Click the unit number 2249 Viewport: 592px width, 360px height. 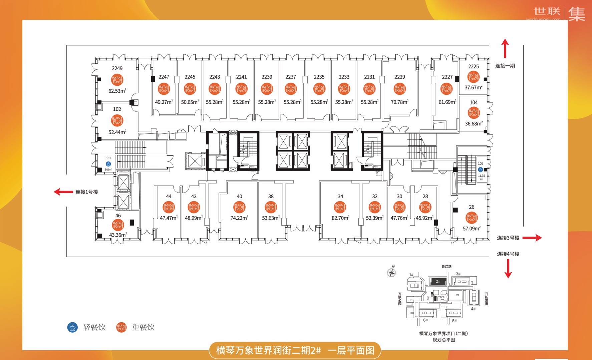pyautogui.click(x=117, y=68)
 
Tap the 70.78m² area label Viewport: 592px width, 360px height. pyautogui.click(x=399, y=102)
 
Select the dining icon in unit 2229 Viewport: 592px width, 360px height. pyautogui.click(x=399, y=89)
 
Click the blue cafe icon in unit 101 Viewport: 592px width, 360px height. pyautogui.click(x=108, y=164)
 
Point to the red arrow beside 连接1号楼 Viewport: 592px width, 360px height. pyautogui.click(x=63, y=192)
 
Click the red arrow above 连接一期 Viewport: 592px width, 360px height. pyautogui.click(x=505, y=48)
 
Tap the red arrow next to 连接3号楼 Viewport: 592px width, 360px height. pyautogui.click(x=532, y=238)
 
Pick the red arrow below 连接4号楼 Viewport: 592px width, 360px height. pyautogui.click(x=508, y=269)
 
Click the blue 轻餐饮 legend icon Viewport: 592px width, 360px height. pyautogui.click(x=72, y=327)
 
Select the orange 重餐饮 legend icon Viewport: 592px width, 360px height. pyautogui.click(x=121, y=327)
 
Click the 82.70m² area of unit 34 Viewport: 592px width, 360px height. pyautogui.click(x=340, y=218)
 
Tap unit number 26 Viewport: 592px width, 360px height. pyautogui.click(x=472, y=207)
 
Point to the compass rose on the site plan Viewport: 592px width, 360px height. pyautogui.click(x=391, y=272)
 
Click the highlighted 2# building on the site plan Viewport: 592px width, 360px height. pyautogui.click(x=437, y=281)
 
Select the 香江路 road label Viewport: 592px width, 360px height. pyautogui.click(x=446, y=267)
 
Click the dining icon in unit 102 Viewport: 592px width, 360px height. pyautogui.click(x=117, y=120)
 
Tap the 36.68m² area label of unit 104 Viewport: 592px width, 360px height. pyautogui.click(x=474, y=124)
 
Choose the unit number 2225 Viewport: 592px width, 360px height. pyautogui.click(x=473, y=66)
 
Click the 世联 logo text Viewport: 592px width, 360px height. pyautogui.click(x=547, y=11)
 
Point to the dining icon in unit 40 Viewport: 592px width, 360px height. pyautogui.click(x=239, y=207)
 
